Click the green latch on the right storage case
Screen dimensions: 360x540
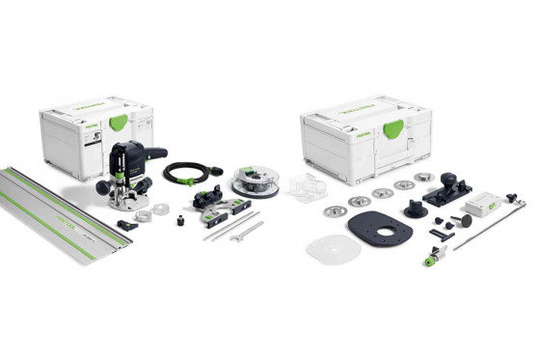coord(393,129)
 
